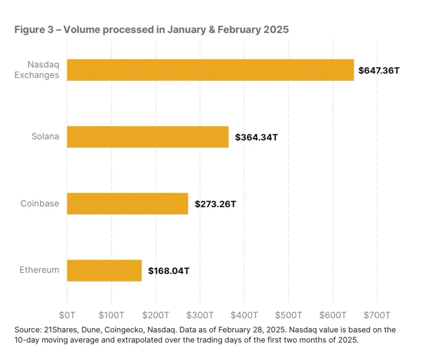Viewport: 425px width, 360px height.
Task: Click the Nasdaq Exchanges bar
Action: [x=210, y=70]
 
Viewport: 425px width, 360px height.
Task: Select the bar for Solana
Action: [x=147, y=137]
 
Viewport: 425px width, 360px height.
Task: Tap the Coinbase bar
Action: [x=127, y=204]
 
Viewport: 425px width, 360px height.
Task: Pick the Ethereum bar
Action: [x=104, y=270]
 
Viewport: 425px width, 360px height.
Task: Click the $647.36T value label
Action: [x=379, y=70]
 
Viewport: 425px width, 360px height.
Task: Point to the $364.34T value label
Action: [x=256, y=138]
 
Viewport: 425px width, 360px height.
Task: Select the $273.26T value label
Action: [x=215, y=204]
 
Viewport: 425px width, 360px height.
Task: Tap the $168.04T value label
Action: [x=169, y=271]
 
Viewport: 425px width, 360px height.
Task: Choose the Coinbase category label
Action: [x=40, y=204]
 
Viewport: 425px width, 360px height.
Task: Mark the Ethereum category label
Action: [x=39, y=270]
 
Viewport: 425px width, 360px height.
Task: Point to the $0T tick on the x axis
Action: [x=67, y=315]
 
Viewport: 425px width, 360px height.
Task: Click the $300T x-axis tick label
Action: [x=200, y=315]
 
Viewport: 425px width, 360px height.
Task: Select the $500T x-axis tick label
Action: [x=288, y=315]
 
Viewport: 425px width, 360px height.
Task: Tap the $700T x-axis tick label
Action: [x=377, y=315]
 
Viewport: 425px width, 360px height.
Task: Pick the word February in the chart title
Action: [x=237, y=30]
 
